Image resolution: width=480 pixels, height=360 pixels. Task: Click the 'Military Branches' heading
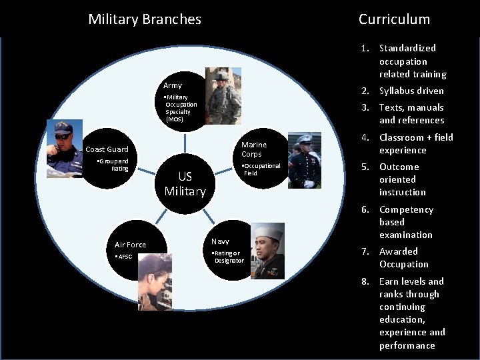145,19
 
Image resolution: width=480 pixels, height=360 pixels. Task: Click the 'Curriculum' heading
394,19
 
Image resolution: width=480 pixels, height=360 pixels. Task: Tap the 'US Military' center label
185,183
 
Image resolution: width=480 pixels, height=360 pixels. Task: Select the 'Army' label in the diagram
173,85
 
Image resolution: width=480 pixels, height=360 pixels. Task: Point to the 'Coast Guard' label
107,149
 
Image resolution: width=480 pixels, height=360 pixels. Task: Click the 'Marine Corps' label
254,149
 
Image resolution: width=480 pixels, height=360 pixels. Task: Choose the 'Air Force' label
130,245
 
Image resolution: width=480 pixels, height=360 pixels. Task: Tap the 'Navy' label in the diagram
220,241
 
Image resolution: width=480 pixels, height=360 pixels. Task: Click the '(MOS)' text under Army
175,119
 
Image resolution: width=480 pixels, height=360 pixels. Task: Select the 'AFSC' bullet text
125,257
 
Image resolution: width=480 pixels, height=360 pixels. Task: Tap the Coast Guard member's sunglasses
62,135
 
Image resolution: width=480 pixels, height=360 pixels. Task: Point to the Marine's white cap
305,139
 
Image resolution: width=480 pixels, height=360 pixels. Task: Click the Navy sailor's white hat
267,233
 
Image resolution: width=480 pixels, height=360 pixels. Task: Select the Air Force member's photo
155,282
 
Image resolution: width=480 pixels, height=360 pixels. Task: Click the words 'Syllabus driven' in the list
411,91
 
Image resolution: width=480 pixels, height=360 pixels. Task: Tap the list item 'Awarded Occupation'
404,257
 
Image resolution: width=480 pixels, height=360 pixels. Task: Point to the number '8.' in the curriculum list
365,281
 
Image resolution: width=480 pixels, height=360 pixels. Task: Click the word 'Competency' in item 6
406,209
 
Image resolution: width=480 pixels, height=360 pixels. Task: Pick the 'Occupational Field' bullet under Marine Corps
261,169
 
